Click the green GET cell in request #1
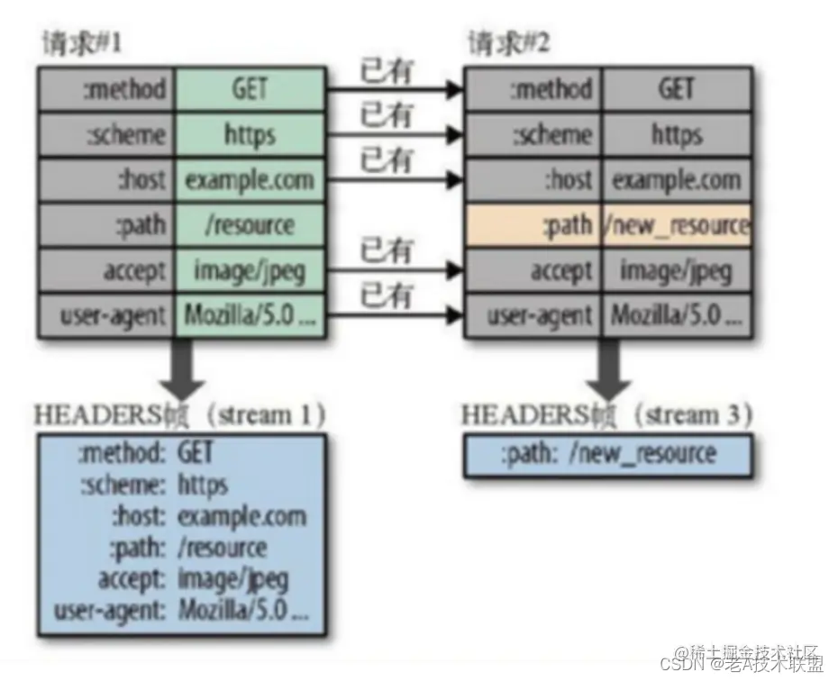249,89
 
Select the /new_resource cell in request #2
677,225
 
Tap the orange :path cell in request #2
533,225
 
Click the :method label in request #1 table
107,89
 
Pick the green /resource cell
249,225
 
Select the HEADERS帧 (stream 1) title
179,415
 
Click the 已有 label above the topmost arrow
387,69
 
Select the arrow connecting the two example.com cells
393,180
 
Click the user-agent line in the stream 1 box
180,613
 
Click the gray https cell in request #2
677,134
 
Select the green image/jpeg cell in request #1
249,270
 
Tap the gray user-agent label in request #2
533,316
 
